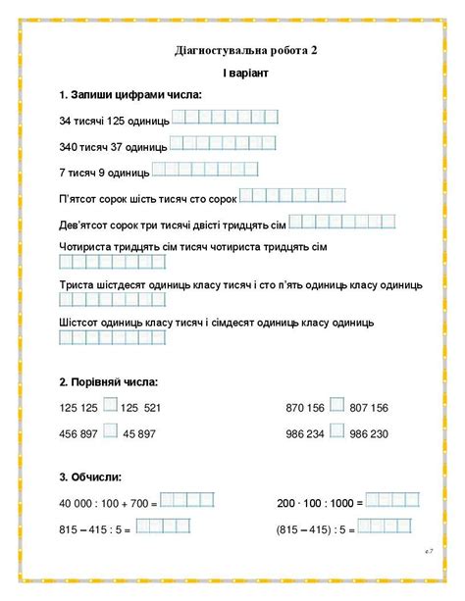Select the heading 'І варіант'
(232, 73)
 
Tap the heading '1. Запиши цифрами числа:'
(129, 95)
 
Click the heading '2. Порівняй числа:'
(108, 381)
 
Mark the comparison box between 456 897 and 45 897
(110, 430)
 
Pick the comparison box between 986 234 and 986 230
(336, 430)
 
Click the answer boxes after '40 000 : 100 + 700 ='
(186, 501)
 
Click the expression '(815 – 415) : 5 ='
(313, 528)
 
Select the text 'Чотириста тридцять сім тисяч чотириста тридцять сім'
(192, 245)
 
